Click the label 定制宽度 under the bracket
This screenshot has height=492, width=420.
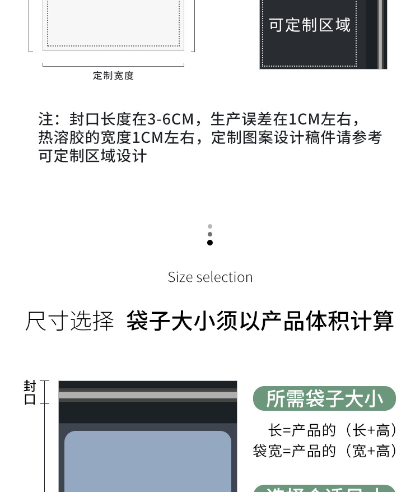coord(113,76)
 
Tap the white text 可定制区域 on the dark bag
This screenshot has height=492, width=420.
coord(309,25)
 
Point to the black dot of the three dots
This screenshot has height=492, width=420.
coord(210,243)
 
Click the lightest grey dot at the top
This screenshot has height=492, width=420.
coord(210,226)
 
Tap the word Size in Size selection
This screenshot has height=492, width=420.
coord(180,277)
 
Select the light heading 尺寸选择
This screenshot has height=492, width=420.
coord(69,322)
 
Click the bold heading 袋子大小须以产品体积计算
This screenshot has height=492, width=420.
coord(260,321)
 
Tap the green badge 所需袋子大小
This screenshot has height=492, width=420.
coord(324,398)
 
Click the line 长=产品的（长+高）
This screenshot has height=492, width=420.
coord(333,430)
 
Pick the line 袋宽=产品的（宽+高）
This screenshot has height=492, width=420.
coord(325,451)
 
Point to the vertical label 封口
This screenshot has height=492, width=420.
coord(30,393)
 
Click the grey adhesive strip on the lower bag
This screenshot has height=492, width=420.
coord(148,395)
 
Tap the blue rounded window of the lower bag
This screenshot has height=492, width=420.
coord(148,462)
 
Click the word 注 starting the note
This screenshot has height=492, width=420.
coord(45,119)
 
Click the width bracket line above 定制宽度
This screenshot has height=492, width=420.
coord(113,66)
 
